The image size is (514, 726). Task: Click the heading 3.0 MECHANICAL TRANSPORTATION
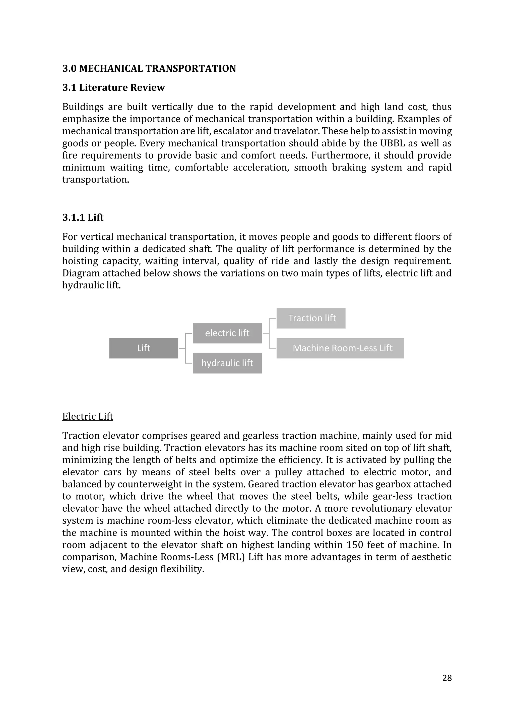[149, 69]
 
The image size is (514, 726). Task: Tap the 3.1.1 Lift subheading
[83, 218]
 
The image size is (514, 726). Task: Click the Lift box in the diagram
[144, 348]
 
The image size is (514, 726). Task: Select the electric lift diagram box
[227, 333]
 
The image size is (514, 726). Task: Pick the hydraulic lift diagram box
[227, 363]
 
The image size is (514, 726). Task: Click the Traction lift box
[311, 318]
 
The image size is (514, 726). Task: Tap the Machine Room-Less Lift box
[340, 348]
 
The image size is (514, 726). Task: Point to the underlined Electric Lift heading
[88, 416]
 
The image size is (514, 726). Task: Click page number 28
[447, 678]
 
